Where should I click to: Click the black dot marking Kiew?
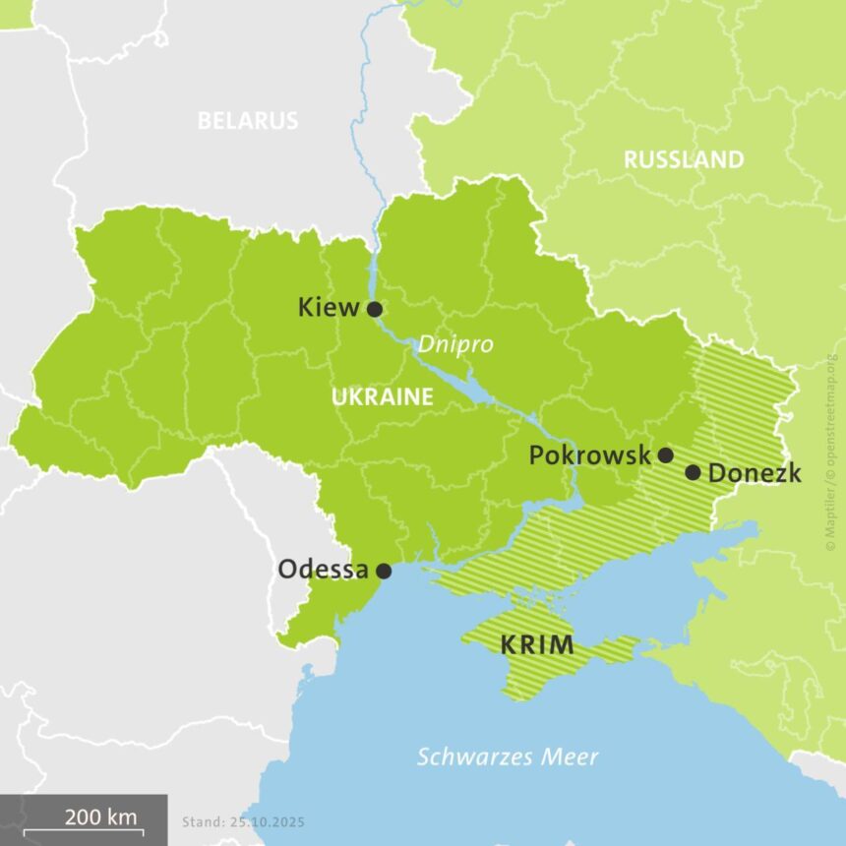coord(375,309)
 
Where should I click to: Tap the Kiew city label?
coord(329,308)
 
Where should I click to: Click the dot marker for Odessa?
coord(384,571)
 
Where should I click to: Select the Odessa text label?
coord(323,570)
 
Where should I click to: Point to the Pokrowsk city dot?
coord(665,454)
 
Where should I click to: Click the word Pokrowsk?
coord(589,455)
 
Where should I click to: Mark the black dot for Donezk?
coord(693,472)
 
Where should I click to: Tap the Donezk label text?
coord(755,473)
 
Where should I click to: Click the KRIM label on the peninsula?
coord(536,646)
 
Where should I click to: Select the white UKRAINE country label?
coord(382,397)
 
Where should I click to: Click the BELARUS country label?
coord(247,121)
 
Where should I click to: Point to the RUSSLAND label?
coord(684,159)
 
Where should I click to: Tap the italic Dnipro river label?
coord(454,344)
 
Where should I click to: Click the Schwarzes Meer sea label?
coord(508,756)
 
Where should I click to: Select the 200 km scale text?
coord(100,816)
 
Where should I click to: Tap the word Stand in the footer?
coord(202,820)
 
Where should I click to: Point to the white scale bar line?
coord(83,832)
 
